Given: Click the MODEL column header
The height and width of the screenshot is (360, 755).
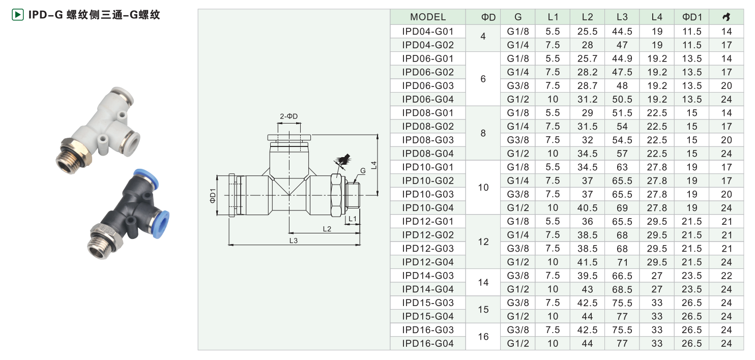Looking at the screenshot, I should (428, 17).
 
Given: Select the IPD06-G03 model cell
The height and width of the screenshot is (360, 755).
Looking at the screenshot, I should (428, 85).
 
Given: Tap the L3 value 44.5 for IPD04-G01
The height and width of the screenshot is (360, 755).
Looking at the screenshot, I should (622, 32).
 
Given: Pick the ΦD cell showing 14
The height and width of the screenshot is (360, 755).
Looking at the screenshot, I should (483, 282).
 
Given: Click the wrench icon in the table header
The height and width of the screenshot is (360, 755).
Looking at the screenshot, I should (726, 17).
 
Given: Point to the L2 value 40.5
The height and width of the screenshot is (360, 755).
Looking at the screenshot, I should (587, 207).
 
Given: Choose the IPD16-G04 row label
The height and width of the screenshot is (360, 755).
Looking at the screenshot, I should (428, 343).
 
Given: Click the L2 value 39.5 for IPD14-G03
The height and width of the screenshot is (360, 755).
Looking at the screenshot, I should (587, 276).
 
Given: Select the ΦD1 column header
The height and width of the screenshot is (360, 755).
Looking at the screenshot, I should (692, 17).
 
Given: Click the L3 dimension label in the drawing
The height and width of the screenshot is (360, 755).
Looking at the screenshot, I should (294, 241).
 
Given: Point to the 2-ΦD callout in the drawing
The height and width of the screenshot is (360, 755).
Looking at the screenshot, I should (288, 116).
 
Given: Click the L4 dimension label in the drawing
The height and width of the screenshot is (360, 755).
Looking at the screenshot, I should (373, 165).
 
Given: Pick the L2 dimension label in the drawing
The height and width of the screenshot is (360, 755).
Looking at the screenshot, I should (327, 229).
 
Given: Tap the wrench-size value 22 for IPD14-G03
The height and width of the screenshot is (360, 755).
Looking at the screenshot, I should (726, 276).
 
